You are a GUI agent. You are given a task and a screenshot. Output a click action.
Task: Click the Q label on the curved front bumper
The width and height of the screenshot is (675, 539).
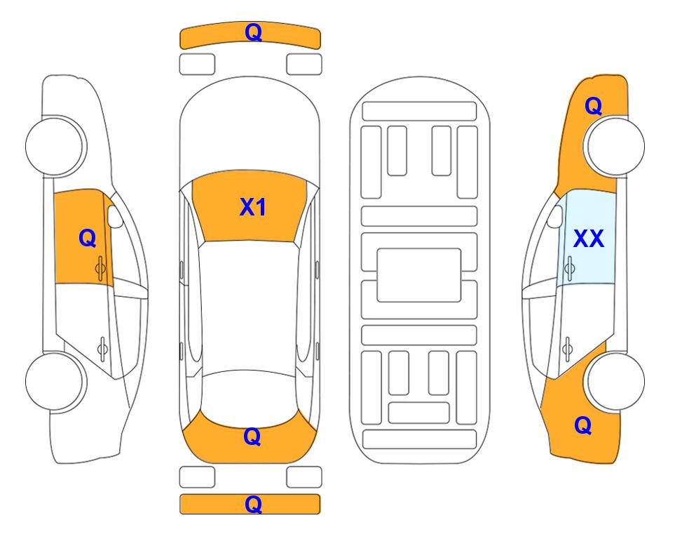253,32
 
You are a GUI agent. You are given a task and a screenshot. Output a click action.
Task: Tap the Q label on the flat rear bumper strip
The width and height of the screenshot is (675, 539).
253,504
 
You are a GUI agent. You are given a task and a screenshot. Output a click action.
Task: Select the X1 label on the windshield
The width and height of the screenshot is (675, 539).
253,207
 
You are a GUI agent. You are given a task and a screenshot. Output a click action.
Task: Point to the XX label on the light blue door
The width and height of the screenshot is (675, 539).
589,239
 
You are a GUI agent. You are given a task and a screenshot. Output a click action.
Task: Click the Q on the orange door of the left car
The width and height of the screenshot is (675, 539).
87,238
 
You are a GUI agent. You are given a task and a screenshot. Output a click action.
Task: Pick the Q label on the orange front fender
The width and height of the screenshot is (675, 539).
593,106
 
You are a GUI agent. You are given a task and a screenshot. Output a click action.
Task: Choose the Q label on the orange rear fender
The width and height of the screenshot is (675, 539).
583,425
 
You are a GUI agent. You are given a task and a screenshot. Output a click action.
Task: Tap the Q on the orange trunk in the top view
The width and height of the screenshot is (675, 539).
252,437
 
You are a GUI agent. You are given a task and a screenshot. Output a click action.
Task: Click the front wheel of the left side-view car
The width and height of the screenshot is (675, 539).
56,146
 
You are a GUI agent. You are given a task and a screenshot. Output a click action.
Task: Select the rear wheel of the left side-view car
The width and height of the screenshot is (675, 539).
56,381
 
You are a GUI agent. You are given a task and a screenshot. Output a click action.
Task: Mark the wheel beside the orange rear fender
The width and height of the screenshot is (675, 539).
614,381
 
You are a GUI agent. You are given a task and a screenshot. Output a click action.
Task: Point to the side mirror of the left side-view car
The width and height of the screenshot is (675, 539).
115,216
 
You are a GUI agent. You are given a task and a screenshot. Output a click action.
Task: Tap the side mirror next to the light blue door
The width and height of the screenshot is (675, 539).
554,216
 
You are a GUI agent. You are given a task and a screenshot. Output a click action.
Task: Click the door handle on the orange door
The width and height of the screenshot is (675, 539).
101,268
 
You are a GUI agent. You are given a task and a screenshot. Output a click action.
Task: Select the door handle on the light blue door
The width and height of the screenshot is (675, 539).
569,268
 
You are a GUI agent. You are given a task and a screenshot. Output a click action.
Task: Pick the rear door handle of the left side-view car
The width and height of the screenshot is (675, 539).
102,348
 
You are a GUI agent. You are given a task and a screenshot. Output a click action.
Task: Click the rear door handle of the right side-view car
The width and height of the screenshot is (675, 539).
567,348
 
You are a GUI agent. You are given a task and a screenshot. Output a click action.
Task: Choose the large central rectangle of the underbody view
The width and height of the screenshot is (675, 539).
419,275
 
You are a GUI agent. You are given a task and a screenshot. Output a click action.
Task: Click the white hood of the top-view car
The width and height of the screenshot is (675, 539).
250,129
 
